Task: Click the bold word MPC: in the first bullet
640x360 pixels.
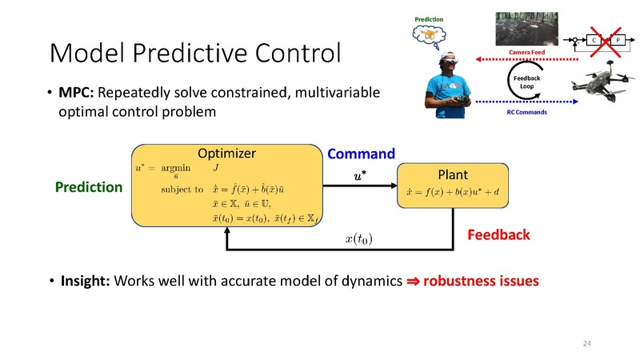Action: (77, 94)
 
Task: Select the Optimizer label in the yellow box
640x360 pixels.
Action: (226, 153)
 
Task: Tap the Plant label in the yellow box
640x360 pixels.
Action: (452, 174)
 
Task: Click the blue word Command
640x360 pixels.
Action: (362, 154)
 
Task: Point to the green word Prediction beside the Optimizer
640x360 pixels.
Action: (88, 187)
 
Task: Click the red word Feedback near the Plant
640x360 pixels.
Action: (498, 235)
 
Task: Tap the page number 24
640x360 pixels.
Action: (586, 342)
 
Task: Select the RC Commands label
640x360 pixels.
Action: (527, 113)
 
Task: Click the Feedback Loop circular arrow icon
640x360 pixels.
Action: (526, 82)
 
